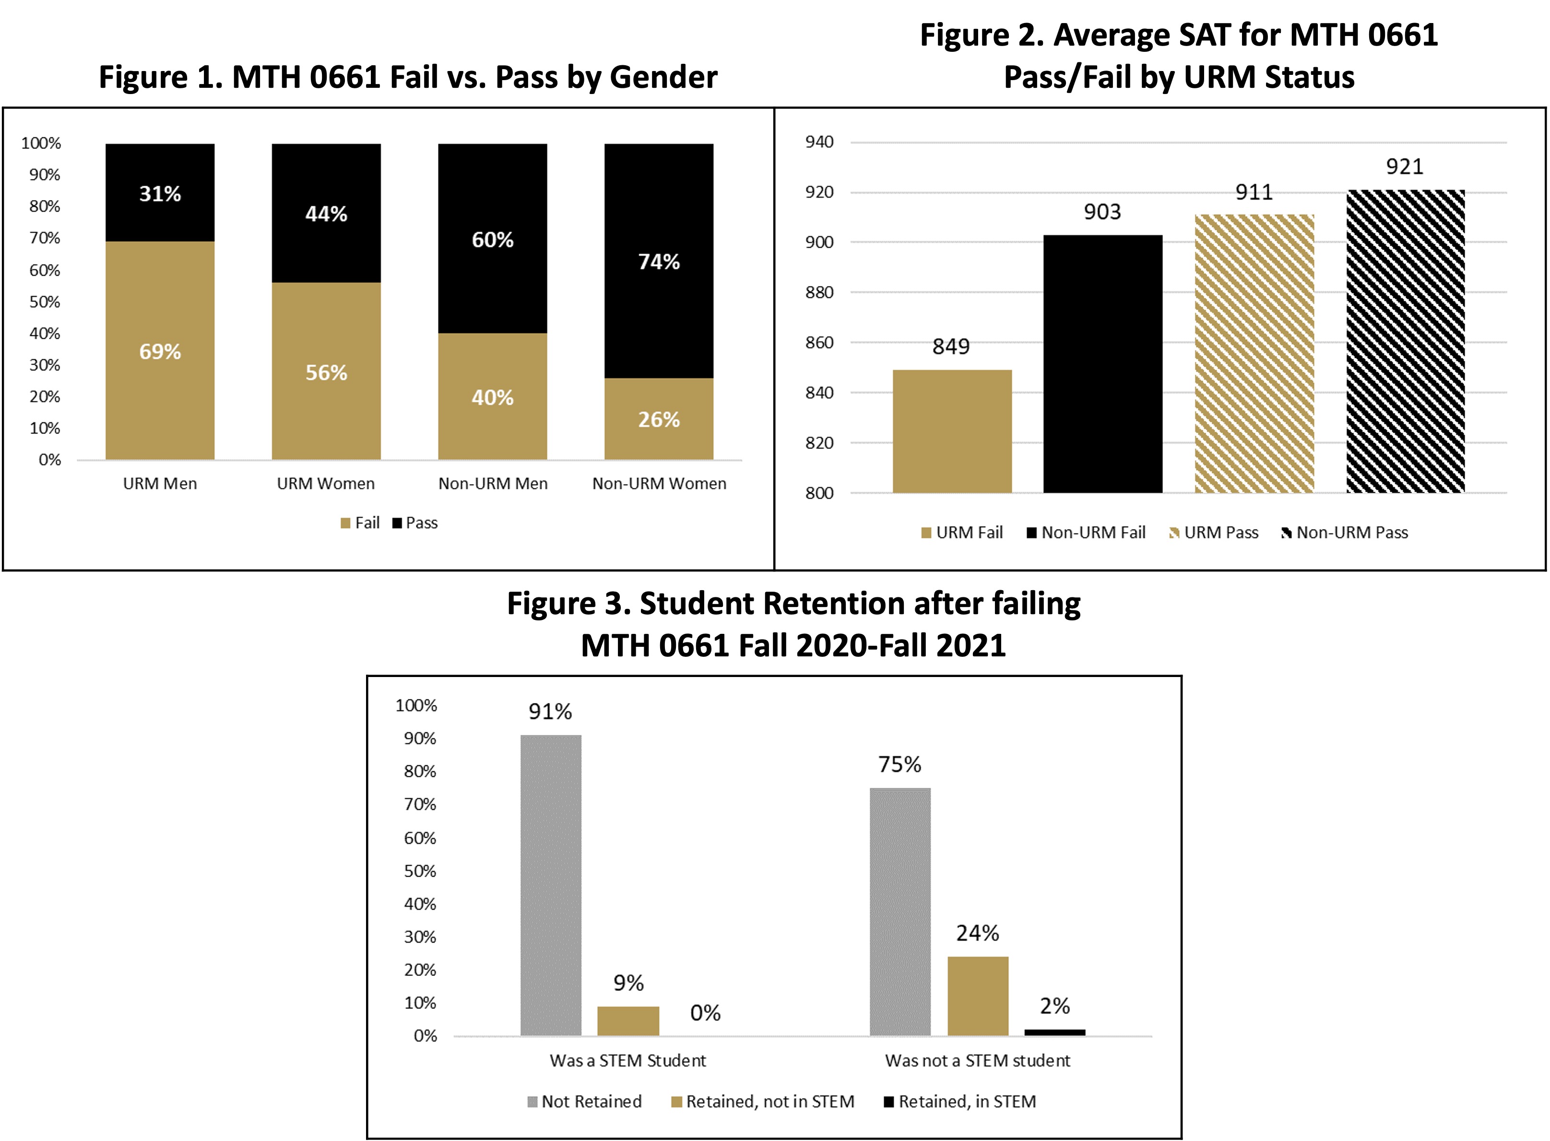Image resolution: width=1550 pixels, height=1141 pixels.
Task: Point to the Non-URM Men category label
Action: pos(493,484)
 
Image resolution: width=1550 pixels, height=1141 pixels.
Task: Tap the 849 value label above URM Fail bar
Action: pos(951,346)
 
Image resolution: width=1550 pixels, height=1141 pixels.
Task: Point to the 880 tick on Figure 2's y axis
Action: pos(819,292)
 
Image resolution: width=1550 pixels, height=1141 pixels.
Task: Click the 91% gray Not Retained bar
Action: pos(550,885)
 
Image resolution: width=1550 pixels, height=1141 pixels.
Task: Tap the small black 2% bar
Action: pos(1054,1032)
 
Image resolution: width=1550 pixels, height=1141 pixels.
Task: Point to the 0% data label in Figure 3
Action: pos(705,1013)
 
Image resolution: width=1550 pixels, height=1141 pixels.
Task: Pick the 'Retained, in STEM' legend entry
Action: pos(960,1102)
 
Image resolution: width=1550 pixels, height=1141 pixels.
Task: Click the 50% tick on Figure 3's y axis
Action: pos(420,871)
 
